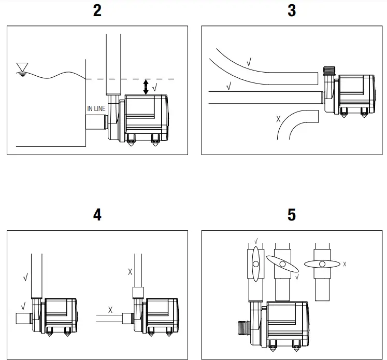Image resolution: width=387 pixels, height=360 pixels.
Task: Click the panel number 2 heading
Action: coord(97,11)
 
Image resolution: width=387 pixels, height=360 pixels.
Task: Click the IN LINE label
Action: coord(96,109)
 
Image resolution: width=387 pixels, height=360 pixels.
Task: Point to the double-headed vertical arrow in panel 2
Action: coord(146,87)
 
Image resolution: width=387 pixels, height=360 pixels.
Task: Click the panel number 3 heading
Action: coord(292,11)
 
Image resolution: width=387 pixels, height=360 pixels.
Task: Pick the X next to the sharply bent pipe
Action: coord(279,119)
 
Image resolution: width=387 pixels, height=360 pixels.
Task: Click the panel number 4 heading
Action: coord(97,215)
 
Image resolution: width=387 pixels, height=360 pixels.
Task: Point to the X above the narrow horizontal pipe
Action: coord(110,310)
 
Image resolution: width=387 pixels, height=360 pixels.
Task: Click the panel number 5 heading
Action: coord(292,215)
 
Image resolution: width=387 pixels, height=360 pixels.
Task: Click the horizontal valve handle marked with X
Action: coord(322,264)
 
